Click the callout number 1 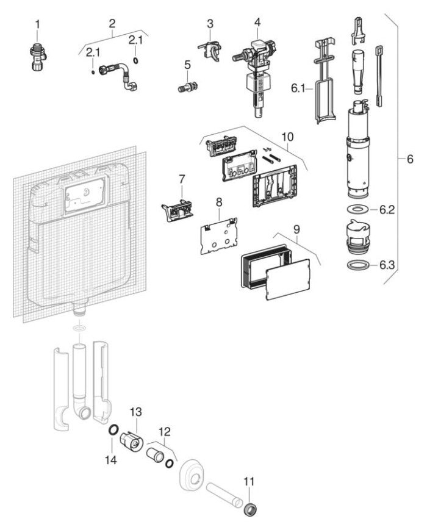point(37,24)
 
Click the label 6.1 point(298,88)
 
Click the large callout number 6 point(410,159)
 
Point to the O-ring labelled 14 point(113,432)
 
